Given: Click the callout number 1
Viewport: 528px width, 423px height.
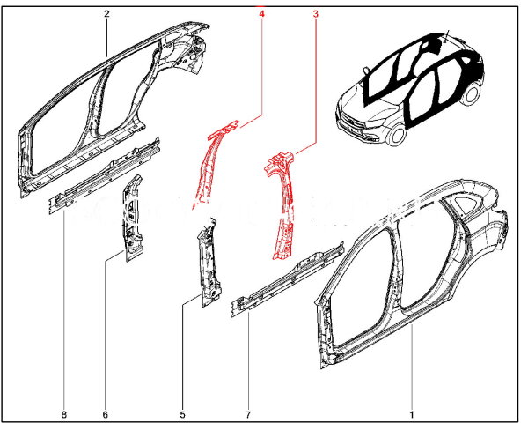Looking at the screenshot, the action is pos(412,414).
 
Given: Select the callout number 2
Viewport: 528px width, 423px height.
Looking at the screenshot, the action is pos(106,14).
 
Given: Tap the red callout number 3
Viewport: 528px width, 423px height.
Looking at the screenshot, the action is pos(316,14).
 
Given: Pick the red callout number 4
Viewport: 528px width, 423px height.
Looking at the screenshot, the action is pos(261,14).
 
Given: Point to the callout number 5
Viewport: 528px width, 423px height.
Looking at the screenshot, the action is pos(182,414).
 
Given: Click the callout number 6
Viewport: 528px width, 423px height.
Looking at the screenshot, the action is pos(105,414).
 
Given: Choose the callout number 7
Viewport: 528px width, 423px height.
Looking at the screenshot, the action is pos(248,414).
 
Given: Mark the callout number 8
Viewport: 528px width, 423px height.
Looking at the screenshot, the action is pos(64,414).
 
